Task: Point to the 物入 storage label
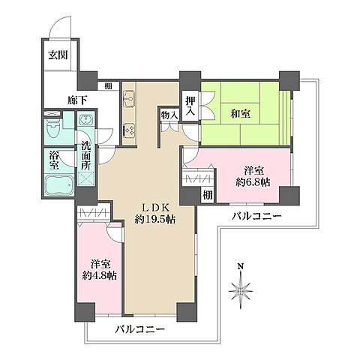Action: tap(169, 115)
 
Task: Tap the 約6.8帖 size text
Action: tap(252, 183)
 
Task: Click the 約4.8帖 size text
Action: tap(99, 276)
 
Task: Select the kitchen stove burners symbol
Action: tap(127, 129)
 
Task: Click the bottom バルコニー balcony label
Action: tap(140, 329)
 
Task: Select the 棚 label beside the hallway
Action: tap(109, 85)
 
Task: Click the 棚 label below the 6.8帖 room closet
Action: tap(206, 194)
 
